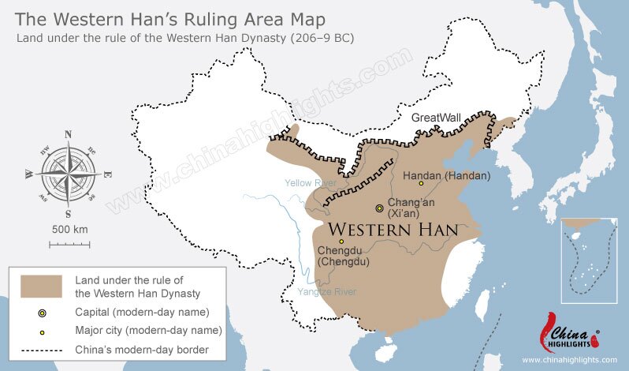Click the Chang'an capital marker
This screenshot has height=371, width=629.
[379, 208]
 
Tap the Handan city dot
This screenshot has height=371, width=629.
[421, 183]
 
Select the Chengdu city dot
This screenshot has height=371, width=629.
[341, 242]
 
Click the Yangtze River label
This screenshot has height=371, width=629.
[326, 292]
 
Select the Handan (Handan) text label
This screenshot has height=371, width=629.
[446, 175]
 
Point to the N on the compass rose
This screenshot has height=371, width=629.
[68, 134]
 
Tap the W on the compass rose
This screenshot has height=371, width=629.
[29, 174]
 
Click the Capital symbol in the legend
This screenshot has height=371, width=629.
[42, 313]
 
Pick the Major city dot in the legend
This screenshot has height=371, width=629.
[42, 331]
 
